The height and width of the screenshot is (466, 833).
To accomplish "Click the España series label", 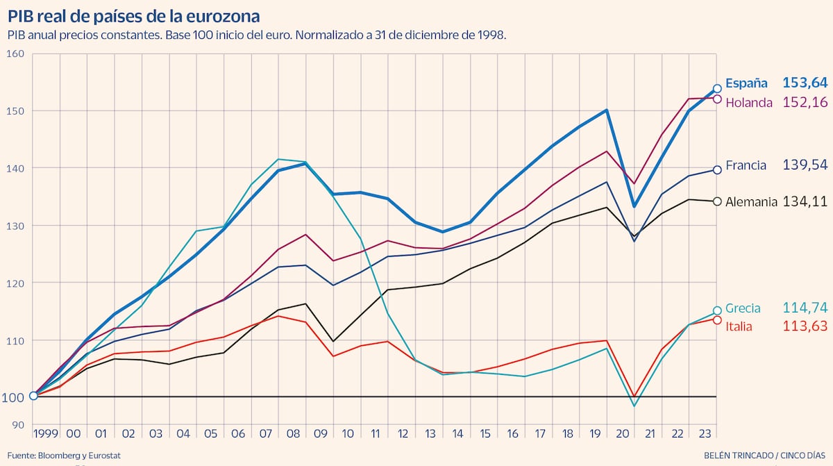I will click(746, 83).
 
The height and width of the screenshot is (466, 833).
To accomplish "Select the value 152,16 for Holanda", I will click(805, 103).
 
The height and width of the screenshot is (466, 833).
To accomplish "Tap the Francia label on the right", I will click(746, 165).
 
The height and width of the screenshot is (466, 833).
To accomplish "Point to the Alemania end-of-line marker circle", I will click(717, 201).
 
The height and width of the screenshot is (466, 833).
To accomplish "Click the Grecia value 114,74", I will click(805, 308).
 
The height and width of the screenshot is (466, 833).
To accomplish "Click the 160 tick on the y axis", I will click(15, 53).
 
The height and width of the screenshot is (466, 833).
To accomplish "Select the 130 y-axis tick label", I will click(15, 226).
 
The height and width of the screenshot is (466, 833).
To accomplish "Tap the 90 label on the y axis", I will click(17, 425).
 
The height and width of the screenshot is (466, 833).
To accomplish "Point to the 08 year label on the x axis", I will click(292, 434).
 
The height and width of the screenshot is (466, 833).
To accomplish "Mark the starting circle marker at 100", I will click(33, 396).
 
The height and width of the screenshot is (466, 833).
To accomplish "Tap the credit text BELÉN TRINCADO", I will click(739, 456).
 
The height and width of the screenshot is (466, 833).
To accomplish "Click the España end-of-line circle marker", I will click(717, 89).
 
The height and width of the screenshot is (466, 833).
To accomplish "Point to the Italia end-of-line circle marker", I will click(717, 320).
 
